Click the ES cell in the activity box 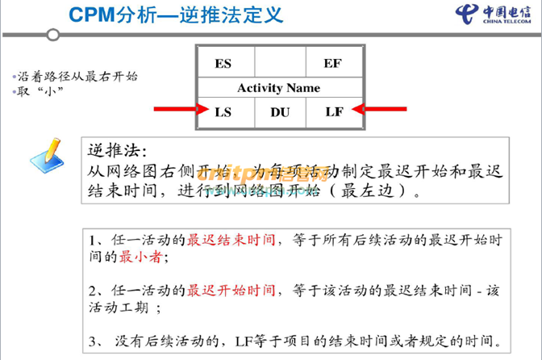pyautogui.click(x=223, y=63)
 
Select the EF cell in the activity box pyautogui.click(x=332, y=63)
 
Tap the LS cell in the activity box pyautogui.click(x=223, y=111)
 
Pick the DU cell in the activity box pyautogui.click(x=279, y=111)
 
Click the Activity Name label pyautogui.click(x=278, y=87)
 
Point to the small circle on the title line pyautogui.click(x=53, y=34)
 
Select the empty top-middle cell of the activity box pyautogui.click(x=279, y=63)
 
